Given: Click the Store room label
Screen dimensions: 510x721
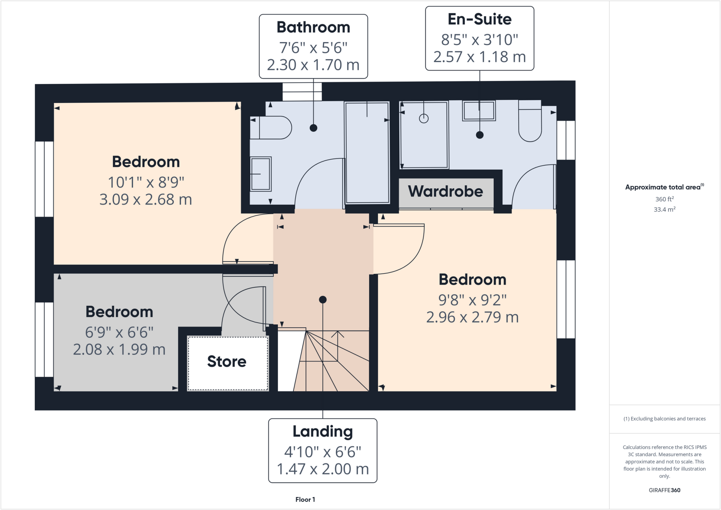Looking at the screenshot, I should point(227,361).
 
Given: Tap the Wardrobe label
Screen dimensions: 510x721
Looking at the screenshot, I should point(445,191).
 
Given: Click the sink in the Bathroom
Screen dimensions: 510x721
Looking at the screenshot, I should point(261,174).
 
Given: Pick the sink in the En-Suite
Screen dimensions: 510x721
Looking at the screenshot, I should point(479,111).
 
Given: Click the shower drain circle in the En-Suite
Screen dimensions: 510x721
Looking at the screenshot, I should point(424,119).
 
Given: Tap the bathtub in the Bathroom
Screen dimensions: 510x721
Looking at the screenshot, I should point(367,153).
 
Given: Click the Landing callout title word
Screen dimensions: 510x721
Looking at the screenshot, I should point(322,432).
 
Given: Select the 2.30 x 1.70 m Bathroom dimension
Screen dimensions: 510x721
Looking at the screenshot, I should point(313,65).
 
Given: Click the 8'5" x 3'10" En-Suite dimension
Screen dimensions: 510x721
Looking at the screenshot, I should point(479,40).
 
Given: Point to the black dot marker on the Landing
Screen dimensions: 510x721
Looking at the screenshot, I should point(323,300).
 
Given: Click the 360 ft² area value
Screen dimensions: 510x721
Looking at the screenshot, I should point(664,199).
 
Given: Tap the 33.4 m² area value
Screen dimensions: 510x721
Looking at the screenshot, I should point(664,209).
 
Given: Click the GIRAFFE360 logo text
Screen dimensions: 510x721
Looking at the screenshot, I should point(664,490).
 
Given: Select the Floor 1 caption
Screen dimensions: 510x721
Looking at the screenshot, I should point(305,499).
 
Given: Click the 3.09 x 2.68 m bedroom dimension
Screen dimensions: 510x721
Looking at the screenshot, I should point(146,200).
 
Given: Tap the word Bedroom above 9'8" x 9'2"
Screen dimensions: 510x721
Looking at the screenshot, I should point(472,280).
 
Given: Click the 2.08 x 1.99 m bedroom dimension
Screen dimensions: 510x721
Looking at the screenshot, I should point(119,350).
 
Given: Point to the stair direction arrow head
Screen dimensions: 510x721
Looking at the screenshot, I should point(338,333).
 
